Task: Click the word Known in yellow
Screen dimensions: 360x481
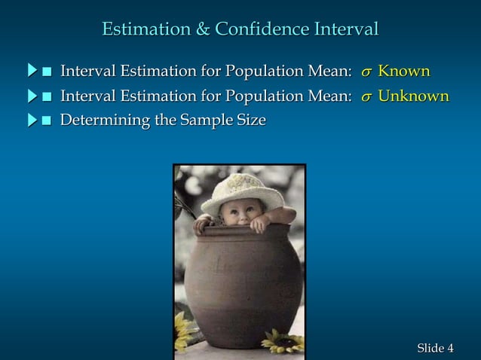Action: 404,72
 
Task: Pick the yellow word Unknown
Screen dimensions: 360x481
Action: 413,96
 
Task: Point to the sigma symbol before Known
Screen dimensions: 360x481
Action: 366,73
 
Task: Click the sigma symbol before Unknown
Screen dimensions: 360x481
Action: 366,98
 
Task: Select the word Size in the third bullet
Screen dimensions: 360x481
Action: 250,120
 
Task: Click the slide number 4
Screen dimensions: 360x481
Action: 450,348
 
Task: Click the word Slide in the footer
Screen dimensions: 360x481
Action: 430,348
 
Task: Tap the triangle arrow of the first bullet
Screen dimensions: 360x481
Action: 32,72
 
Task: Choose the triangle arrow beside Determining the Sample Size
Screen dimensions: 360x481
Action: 32,120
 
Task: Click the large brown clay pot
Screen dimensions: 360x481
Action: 240,286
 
